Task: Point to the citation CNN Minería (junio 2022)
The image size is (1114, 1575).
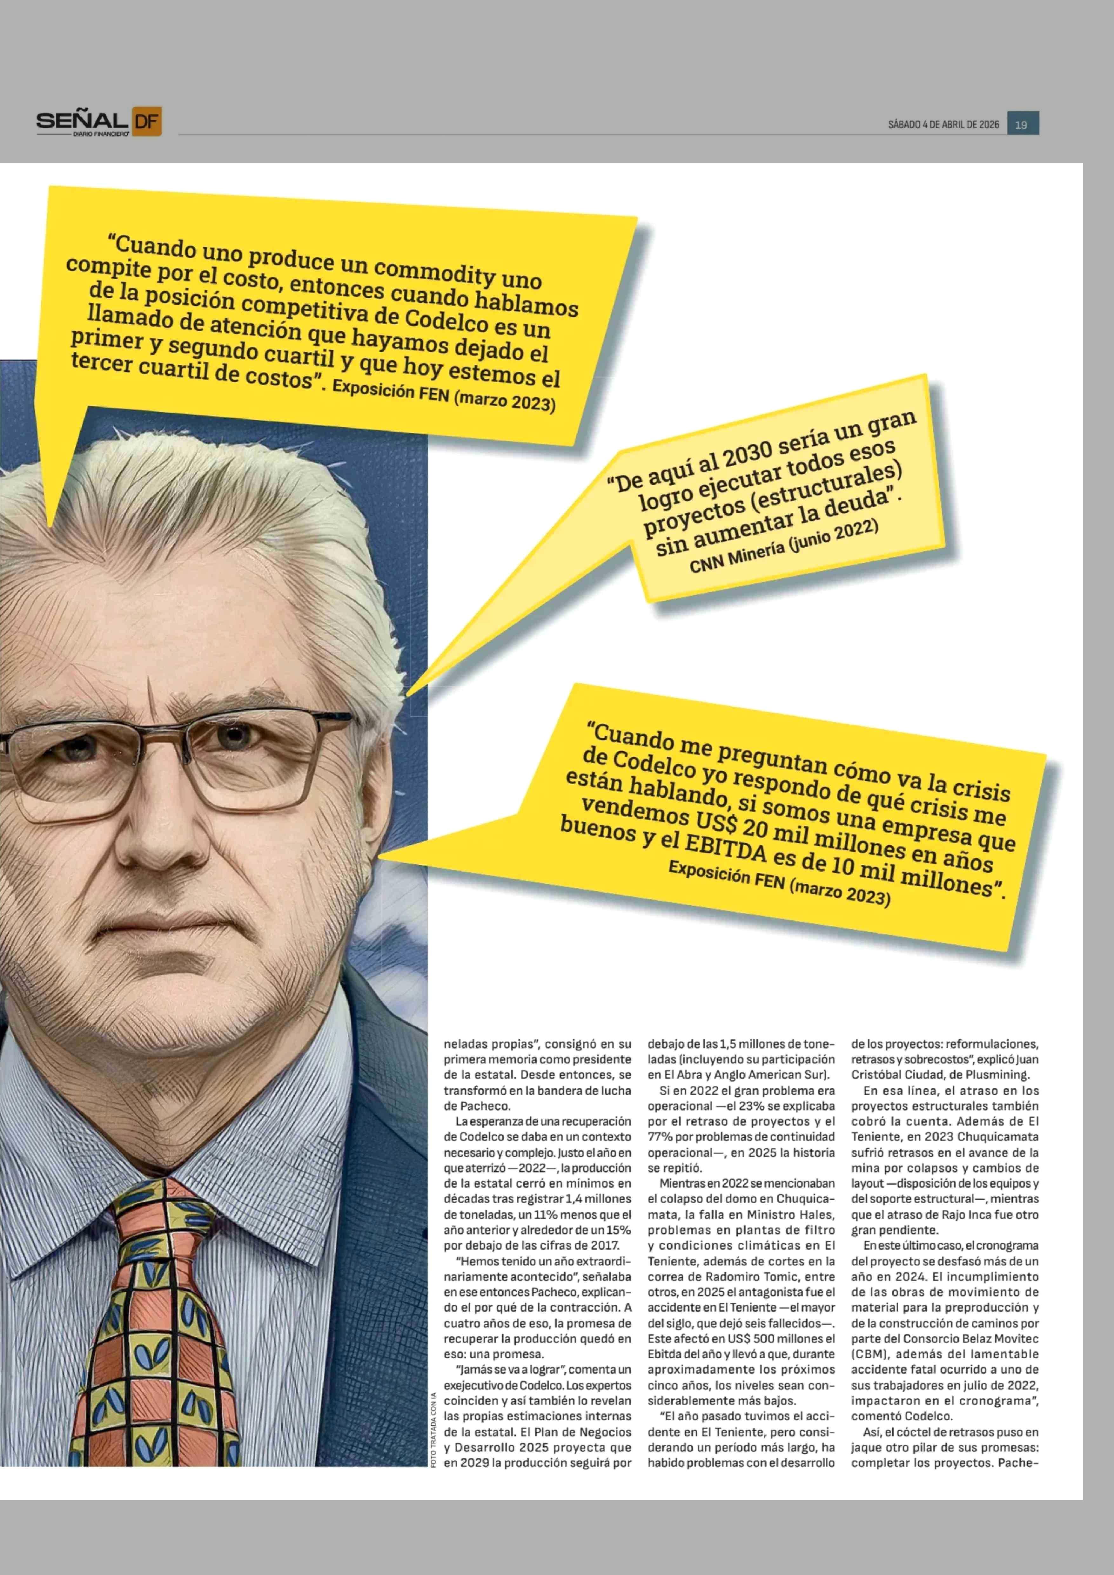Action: click(x=783, y=547)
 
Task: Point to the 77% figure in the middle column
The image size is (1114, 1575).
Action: click(x=658, y=1137)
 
